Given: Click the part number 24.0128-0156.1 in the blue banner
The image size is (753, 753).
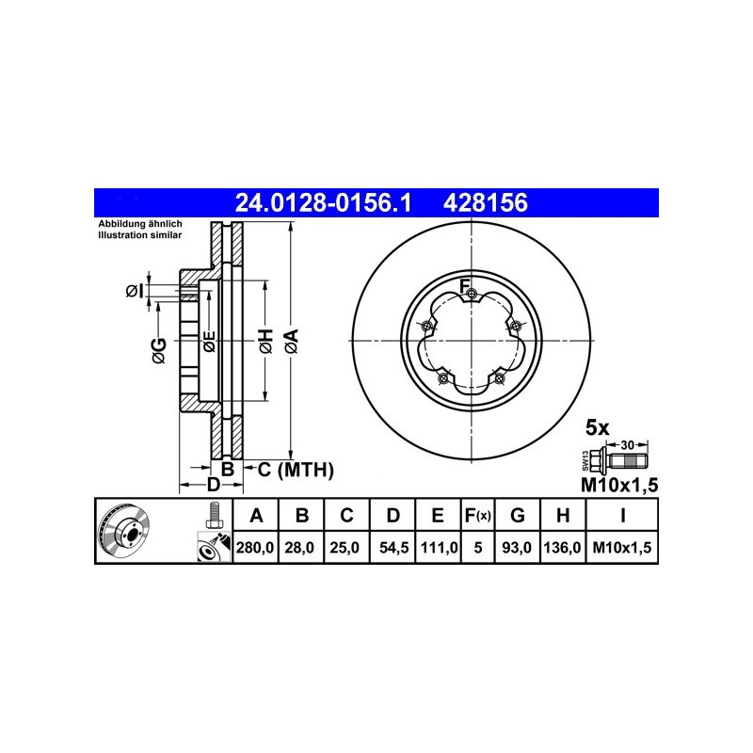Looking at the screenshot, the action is click(x=323, y=202).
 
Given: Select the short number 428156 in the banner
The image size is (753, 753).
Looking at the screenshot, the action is click(x=486, y=202).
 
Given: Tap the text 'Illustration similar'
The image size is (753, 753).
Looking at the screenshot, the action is click(x=139, y=235).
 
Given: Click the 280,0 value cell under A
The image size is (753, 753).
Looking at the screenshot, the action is click(x=255, y=548).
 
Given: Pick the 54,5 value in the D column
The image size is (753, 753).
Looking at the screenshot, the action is click(x=393, y=548).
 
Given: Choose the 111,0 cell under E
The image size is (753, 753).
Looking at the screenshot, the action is click(x=439, y=548).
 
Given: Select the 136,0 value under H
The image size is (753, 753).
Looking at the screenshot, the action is click(x=562, y=548).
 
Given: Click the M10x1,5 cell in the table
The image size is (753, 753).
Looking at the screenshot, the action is click(x=622, y=548).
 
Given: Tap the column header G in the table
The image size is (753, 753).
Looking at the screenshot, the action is click(x=517, y=515).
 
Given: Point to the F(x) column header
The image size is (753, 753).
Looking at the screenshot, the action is click(x=477, y=516).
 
